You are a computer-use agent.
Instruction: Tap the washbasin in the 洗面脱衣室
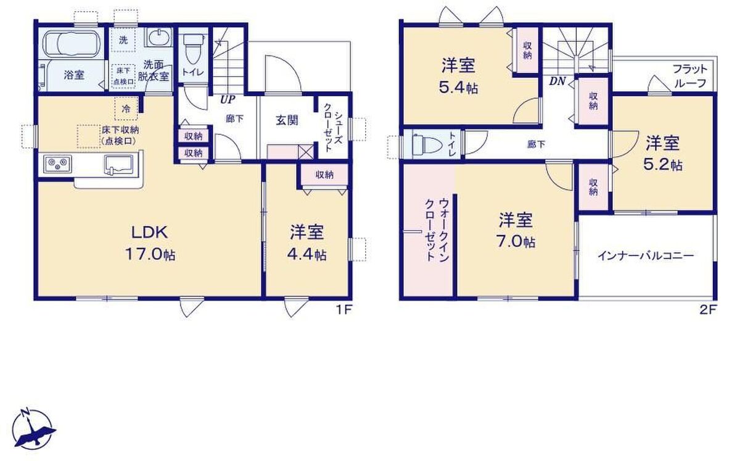pos(159,38)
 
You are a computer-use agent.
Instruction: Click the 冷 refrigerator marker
pos(126,109)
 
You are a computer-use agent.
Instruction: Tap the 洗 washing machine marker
pos(123,40)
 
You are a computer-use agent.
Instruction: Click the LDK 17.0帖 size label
pos(150,243)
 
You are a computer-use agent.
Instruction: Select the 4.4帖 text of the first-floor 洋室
pos(307,255)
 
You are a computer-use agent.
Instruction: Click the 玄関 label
pos(287,120)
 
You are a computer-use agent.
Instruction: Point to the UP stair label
pos(228,99)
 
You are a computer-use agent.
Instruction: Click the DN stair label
pos(557,81)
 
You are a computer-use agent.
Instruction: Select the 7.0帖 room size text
pos(516,242)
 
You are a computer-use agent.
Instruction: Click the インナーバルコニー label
pos(646,255)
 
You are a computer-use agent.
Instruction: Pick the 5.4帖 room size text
pos(459,88)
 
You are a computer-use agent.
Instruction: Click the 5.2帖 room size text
pos(663,165)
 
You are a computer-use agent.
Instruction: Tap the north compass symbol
pos(32,430)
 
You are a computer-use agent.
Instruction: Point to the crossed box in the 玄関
pos(306,152)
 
